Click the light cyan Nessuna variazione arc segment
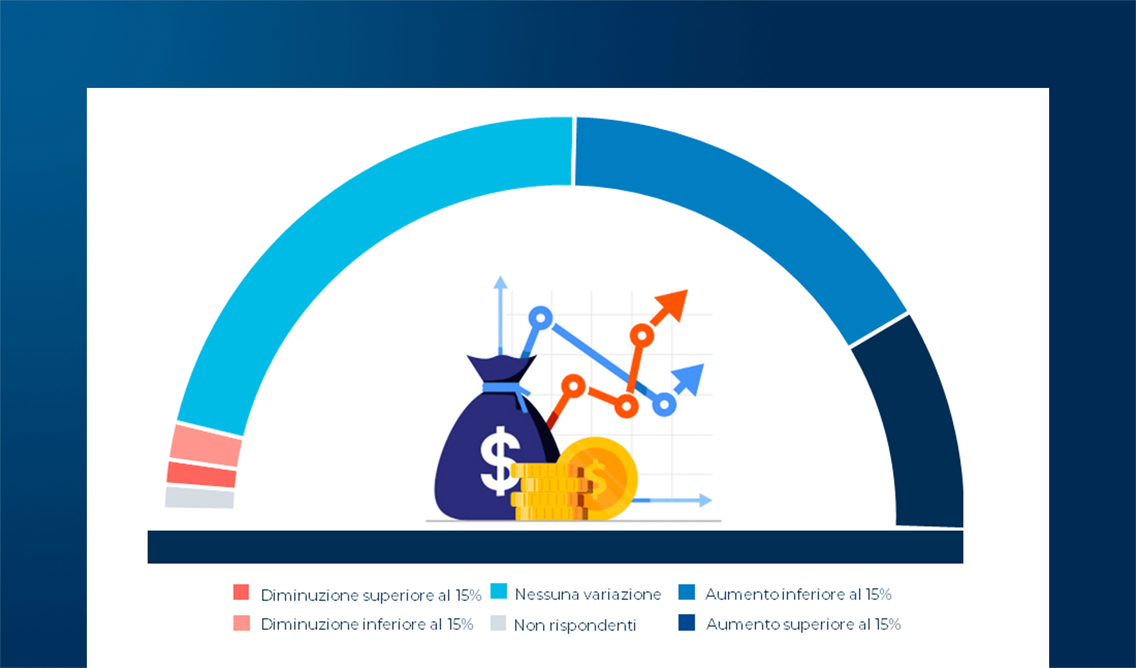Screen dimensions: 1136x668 click(334, 223)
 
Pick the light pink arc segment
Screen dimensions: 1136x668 click(205, 445)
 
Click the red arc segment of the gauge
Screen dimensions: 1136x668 click(202, 474)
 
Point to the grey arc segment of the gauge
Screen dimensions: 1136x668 click(199, 498)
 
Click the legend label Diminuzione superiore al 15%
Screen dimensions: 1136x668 click(371, 595)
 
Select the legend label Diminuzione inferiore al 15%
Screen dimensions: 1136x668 click(367, 625)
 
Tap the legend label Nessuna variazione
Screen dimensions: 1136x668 click(588, 595)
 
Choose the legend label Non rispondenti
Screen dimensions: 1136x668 click(575, 625)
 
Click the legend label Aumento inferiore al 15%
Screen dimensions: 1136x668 click(799, 595)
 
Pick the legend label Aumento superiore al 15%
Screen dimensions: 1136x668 click(804, 625)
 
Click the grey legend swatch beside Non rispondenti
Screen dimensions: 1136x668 click(498, 623)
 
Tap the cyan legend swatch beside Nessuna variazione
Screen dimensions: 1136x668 click(499, 591)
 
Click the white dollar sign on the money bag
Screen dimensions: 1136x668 click(500, 461)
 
